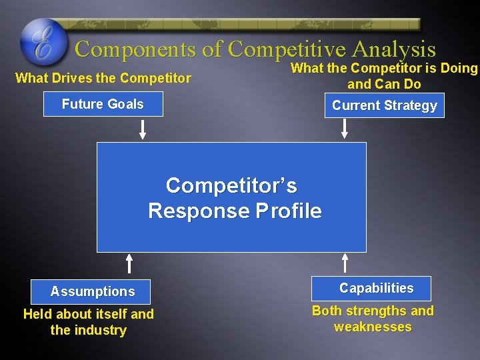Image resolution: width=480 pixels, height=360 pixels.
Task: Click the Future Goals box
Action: (103, 104)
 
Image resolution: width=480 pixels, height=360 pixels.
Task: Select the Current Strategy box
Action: (384, 105)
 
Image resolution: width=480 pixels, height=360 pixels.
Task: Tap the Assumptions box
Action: (92, 291)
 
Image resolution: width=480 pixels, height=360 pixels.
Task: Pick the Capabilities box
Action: (376, 288)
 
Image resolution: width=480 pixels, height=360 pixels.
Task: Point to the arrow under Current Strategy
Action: (345, 128)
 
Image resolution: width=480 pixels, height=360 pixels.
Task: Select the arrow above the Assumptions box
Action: (130, 263)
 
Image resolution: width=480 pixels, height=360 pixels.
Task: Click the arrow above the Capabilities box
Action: (345, 263)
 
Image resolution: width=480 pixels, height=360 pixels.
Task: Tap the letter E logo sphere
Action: (44, 41)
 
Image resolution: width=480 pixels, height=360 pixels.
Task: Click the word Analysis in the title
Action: (393, 49)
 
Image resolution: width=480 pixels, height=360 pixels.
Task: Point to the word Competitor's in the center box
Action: (231, 185)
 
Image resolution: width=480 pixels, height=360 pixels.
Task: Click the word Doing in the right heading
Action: (459, 68)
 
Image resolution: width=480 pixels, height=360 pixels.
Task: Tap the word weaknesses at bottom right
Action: (373, 327)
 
